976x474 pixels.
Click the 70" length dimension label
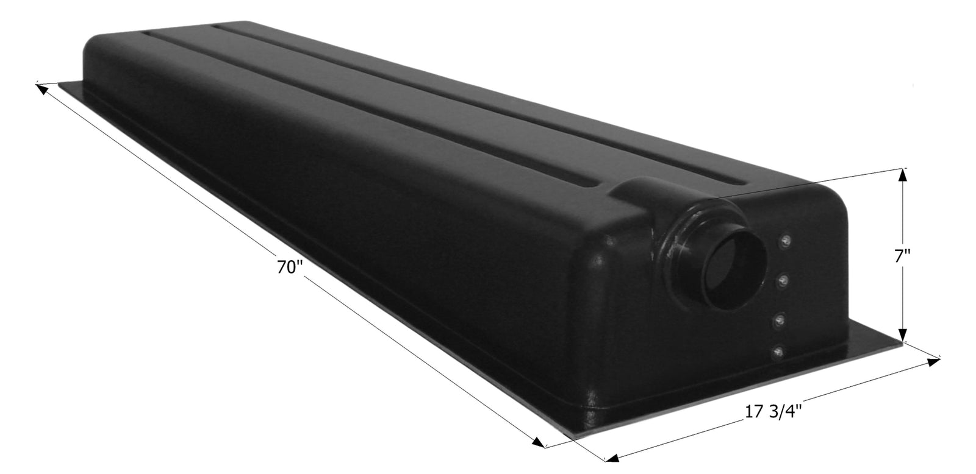pyautogui.click(x=289, y=267)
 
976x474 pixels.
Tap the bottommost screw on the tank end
pyautogui.click(x=777, y=351)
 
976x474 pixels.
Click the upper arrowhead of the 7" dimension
pyautogui.click(x=903, y=175)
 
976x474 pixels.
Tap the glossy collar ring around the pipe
pyautogui.click(x=689, y=244)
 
